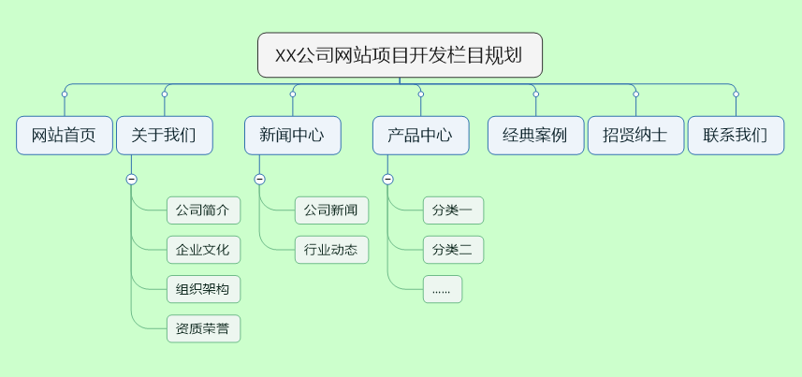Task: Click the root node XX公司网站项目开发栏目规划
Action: [400, 55]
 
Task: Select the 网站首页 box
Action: [64, 135]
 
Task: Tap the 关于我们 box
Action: [164, 135]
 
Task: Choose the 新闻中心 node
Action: [292, 135]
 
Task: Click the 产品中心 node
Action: [420, 135]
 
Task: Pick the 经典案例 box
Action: [535, 135]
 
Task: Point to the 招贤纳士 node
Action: [635, 135]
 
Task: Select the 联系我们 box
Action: [736, 135]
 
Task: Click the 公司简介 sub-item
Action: [203, 210]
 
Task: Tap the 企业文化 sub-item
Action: [203, 250]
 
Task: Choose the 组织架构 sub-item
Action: [203, 289]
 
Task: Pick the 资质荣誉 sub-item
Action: [203, 328]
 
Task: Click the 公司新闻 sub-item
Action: [331, 210]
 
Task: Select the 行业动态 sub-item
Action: [331, 250]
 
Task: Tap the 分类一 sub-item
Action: [453, 210]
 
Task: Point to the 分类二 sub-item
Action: [453, 250]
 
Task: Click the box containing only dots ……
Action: [442, 289]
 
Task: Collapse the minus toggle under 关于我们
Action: [132, 179]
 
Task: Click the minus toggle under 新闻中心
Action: [260, 179]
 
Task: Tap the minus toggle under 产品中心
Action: [388, 179]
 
